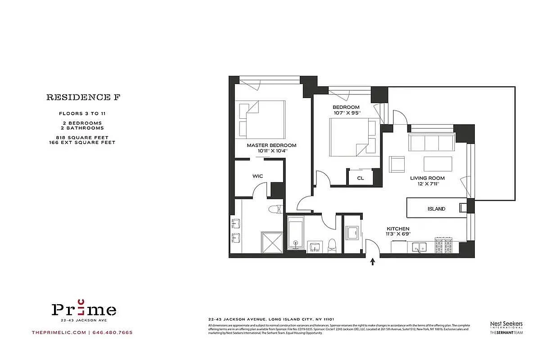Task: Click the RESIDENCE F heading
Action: coord(84,97)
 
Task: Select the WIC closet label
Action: coord(257,176)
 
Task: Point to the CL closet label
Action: coord(360,178)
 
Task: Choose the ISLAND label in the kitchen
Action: coord(436,209)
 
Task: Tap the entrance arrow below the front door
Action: coord(372,262)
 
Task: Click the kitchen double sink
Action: coord(420,247)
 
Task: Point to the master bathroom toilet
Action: coord(275,209)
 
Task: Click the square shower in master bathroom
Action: coord(272,242)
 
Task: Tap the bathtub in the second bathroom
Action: coord(296,234)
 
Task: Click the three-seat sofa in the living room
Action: coord(432,143)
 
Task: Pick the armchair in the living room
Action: coord(397,165)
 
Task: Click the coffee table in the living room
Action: coord(438,164)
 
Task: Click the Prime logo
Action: coord(84,309)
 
